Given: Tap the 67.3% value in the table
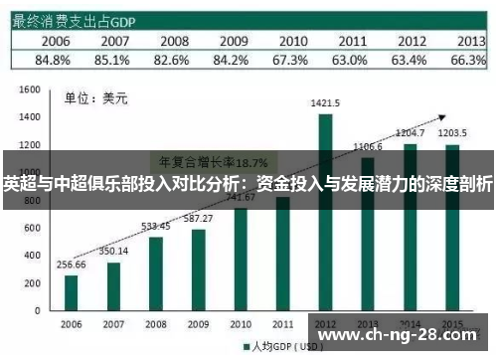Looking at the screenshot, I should (293, 60).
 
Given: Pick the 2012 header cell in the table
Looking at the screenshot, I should (412, 41).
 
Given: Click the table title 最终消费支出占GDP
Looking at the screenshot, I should (75, 19).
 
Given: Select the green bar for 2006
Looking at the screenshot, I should (71, 293).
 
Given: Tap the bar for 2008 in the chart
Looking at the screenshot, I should (156, 273).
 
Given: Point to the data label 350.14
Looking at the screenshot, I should (113, 250).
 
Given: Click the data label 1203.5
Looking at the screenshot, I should (452, 131).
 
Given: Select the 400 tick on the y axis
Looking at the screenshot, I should (30, 258).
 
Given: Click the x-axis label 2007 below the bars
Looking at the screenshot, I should (113, 324).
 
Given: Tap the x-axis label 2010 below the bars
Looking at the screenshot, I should (240, 324).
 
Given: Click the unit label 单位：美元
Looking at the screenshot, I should (89, 97).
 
